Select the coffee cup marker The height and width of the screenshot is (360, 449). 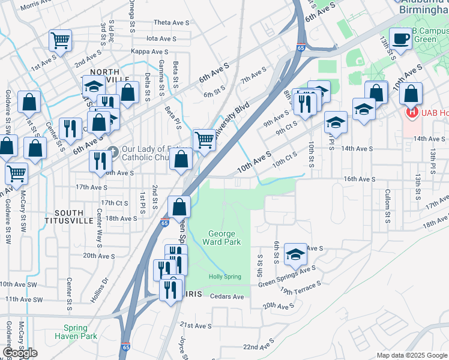coord(401,39)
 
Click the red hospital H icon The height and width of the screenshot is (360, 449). coord(411,112)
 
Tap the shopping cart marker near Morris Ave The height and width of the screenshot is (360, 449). coord(60,40)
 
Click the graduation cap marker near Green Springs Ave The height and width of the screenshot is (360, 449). coord(295,254)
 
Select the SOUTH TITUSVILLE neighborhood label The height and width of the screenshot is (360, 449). coord(73,217)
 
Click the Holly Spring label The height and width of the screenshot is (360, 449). coord(224,277)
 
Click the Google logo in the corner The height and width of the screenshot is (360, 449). coord(20,353)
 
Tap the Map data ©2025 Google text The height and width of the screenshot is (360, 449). coord(411,355)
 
